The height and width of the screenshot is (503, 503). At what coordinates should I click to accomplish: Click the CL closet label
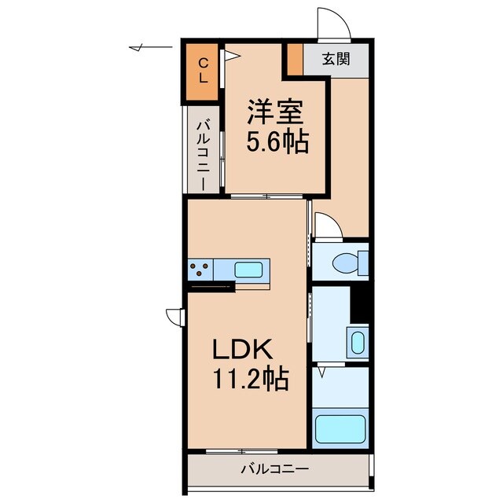pyautogui.click(x=203, y=70)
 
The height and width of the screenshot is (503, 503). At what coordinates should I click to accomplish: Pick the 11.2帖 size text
pyautogui.click(x=250, y=380)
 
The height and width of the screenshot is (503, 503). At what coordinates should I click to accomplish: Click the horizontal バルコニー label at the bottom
pyautogui.click(x=274, y=469)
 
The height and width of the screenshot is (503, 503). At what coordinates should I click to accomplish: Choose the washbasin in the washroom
pyautogui.click(x=358, y=343)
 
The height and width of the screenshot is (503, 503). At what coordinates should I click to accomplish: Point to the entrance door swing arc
pyautogui.click(x=330, y=22)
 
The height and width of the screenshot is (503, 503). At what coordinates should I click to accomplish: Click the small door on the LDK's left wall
pyautogui.click(x=174, y=316)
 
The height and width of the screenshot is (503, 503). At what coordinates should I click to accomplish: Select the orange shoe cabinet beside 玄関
pyautogui.click(x=293, y=59)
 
